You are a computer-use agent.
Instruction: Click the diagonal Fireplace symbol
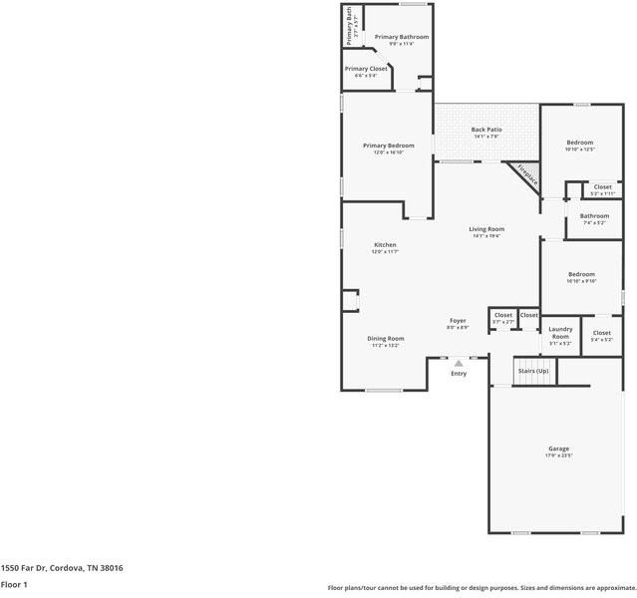click(x=526, y=176)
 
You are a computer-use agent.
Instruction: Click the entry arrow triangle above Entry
click(x=459, y=364)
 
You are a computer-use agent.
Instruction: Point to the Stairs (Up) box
click(x=533, y=371)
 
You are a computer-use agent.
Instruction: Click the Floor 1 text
click(x=14, y=585)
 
